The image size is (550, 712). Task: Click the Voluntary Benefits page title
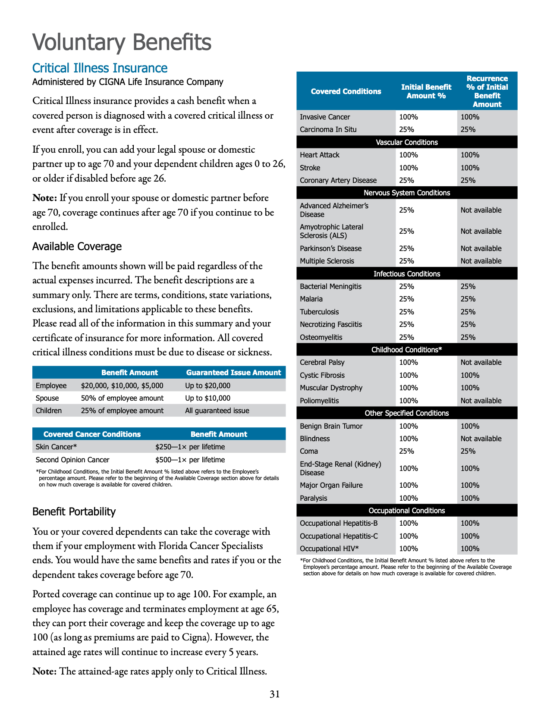tap(122, 42)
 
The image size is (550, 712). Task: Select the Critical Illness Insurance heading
tap(100, 68)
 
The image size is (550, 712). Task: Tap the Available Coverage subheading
tap(77, 246)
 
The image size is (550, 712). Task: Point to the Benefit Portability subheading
tap(74, 511)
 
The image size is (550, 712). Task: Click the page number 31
tap(275, 694)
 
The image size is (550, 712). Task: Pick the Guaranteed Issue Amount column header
tap(233, 373)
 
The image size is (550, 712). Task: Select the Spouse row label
tap(47, 398)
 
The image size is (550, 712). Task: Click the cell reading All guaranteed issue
tap(217, 411)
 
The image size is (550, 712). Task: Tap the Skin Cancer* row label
tap(56, 447)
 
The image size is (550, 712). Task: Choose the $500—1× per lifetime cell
tap(190, 460)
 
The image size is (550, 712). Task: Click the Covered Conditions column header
tap(346, 91)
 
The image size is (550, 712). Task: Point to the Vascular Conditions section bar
tap(407, 142)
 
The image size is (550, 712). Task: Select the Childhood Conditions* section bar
tap(407, 350)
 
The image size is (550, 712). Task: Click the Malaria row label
tap(311, 299)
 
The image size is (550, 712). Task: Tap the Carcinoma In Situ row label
tap(328, 129)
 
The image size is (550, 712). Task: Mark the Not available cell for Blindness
tap(481, 439)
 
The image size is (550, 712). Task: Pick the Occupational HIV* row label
tap(329, 549)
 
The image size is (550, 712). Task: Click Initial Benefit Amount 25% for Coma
tap(406, 451)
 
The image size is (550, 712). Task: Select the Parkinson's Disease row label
tap(331, 248)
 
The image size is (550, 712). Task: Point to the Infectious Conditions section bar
tap(407, 274)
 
